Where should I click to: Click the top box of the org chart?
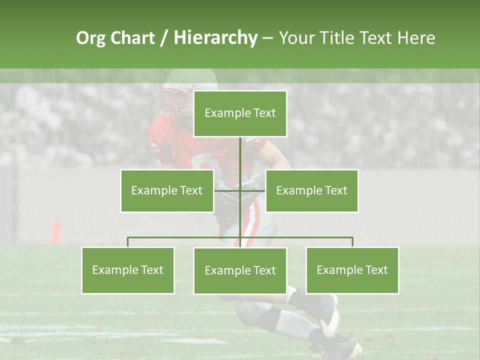tap(240, 113)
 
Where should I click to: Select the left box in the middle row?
tap(166, 190)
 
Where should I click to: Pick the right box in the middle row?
tap(311, 190)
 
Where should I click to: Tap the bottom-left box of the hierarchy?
tap(127, 270)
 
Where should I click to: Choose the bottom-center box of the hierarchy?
tap(240, 270)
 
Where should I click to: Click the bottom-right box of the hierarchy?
tap(352, 270)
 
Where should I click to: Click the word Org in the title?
tap(90, 38)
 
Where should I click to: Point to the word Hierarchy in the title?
tap(215, 38)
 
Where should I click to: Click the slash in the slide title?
tap(163, 38)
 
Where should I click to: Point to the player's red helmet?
tap(175, 97)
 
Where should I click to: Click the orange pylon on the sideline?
tap(57, 231)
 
